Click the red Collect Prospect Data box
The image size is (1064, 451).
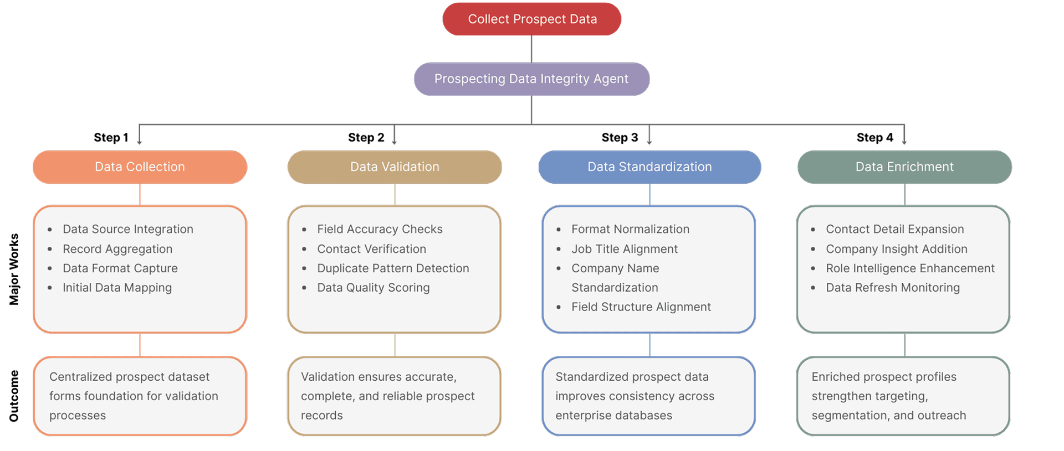click(531, 19)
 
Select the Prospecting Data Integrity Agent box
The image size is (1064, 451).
click(531, 79)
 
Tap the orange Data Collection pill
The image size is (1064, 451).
click(140, 167)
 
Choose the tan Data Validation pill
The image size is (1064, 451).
click(395, 167)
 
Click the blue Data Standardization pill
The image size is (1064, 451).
click(649, 167)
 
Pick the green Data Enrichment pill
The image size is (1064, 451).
click(904, 167)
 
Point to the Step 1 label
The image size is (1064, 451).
click(111, 138)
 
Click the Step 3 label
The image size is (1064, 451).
click(620, 138)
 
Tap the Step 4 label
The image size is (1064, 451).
click(874, 138)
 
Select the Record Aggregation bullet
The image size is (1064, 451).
click(117, 249)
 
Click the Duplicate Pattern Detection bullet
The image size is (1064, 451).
click(393, 268)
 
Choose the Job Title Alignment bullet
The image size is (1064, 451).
click(625, 249)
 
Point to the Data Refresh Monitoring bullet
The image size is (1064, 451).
click(893, 288)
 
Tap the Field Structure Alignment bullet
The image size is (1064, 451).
click(641, 307)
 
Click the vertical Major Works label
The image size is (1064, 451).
click(14, 269)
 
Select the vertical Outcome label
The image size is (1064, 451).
click(14, 396)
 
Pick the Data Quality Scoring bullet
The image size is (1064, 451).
click(374, 288)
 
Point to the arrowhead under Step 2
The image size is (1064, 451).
click(395, 143)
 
